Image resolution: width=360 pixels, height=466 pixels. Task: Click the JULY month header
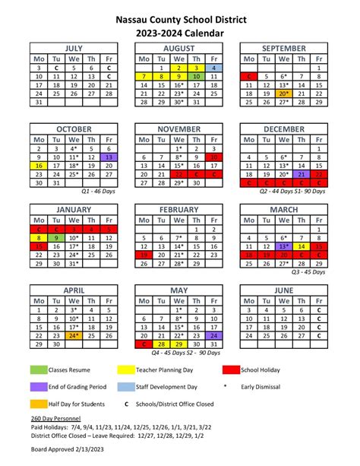pos(74,46)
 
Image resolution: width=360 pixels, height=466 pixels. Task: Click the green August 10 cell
pos(197,77)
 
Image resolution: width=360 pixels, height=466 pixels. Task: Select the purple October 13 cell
pos(109,157)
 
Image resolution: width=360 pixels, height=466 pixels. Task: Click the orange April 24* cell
pos(74,335)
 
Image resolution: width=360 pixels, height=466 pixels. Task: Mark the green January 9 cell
pos(56,238)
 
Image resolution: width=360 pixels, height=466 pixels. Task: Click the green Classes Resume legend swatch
pos(39,369)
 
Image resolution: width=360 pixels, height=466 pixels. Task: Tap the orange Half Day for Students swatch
pos(39,403)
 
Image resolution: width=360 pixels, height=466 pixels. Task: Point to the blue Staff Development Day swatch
pos(135,386)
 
